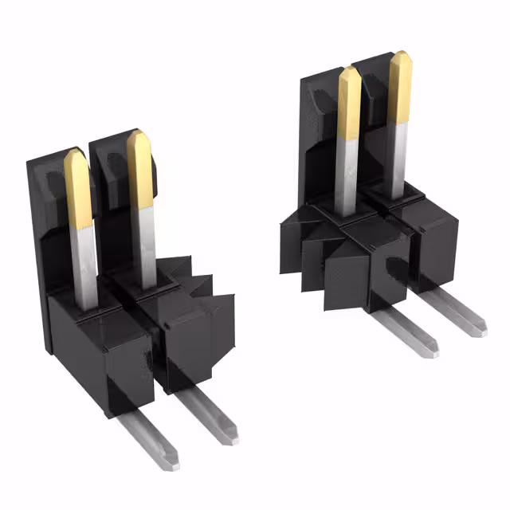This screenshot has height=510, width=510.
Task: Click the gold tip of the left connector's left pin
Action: pos(77,188)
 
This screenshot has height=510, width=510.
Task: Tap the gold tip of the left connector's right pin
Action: pos(140,169)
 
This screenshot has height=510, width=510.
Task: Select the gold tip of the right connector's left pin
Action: pos(349,103)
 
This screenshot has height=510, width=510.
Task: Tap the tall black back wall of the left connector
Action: pos(40,239)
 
